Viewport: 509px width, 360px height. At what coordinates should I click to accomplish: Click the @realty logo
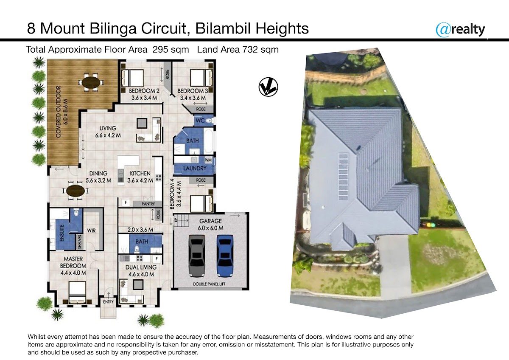(460, 30)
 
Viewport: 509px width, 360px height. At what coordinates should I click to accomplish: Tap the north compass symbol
(268, 87)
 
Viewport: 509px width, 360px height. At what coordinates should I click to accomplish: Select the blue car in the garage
(225, 256)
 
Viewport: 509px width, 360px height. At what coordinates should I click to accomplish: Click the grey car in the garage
(197, 256)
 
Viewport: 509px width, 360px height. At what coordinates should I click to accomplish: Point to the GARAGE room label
(210, 221)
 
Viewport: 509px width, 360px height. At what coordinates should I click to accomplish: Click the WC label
(200, 120)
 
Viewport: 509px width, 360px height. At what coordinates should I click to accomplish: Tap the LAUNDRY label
(195, 168)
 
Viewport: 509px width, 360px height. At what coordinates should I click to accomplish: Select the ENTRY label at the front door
(108, 302)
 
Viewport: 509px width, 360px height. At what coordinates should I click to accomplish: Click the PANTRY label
(148, 204)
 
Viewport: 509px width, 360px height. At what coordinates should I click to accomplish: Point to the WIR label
(91, 231)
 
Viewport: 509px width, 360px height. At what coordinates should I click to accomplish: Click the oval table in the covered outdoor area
(91, 82)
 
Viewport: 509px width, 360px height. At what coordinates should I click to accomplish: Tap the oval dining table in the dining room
(76, 191)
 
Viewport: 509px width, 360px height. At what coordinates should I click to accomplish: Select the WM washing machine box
(208, 160)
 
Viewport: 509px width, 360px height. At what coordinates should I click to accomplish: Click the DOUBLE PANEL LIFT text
(209, 284)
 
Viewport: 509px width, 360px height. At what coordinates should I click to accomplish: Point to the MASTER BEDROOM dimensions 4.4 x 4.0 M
(73, 273)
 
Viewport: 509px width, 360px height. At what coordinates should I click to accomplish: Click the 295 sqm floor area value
(171, 50)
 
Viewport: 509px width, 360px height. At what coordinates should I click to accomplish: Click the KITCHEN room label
(140, 173)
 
